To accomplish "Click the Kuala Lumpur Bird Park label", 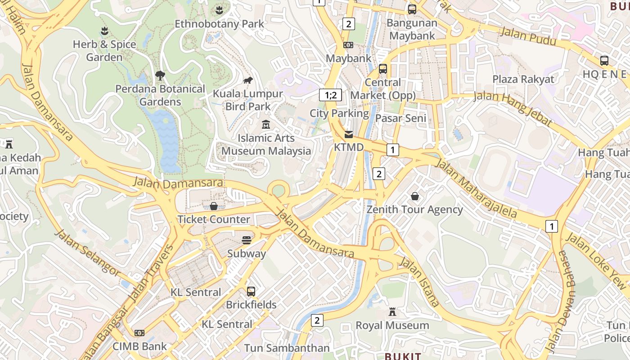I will [x=248, y=100].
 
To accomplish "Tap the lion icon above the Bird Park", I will [x=248, y=81].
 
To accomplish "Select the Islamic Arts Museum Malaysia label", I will [x=266, y=144].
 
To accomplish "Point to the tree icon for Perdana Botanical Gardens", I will [x=160, y=75].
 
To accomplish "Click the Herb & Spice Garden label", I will [x=104, y=51].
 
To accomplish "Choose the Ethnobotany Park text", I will [x=219, y=24].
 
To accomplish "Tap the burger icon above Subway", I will [x=246, y=240].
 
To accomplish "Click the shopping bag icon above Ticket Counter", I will [x=214, y=206].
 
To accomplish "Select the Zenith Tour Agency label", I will [x=414, y=210].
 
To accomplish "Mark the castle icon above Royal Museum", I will [x=392, y=312].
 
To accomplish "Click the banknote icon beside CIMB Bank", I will [x=139, y=333].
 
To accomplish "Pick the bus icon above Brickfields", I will [x=251, y=291].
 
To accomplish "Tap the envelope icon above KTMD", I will [x=349, y=135].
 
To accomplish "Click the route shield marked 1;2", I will [x=330, y=95].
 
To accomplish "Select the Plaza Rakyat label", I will [x=523, y=79].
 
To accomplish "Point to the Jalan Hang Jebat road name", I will [x=513, y=108].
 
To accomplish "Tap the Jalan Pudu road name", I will [x=528, y=36].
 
